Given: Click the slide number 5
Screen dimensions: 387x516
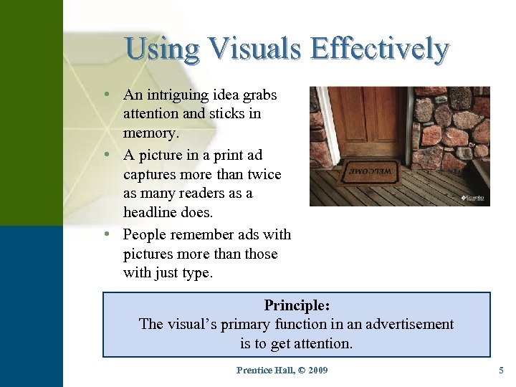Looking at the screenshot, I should coord(501,370).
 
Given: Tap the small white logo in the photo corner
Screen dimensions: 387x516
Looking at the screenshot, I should coord(473,197).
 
